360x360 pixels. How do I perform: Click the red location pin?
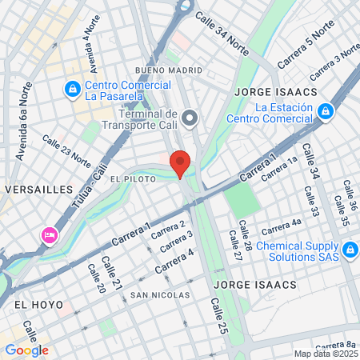181,164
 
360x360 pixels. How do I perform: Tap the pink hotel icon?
49,235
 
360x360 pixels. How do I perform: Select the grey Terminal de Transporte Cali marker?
190,120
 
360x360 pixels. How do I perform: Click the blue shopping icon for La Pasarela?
72,87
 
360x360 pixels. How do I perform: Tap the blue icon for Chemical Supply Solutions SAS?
350,252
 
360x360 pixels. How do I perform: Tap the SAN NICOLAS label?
160,295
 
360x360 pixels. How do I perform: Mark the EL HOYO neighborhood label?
38,305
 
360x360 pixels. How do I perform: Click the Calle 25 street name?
219,317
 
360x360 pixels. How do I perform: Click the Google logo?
26,350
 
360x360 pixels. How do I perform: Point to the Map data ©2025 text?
325,354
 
